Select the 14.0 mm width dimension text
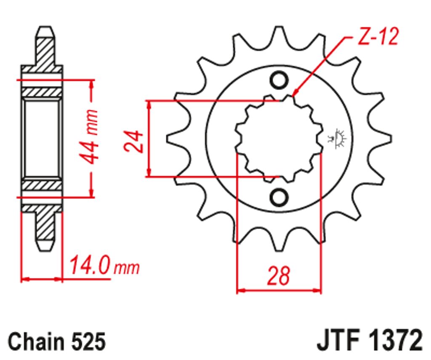pyautogui.click(x=105, y=265)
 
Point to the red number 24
pyautogui.click(x=133, y=141)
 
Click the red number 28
pyautogui.click(x=279, y=275)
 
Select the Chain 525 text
pyautogui.click(x=57, y=341)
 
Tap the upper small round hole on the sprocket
pyautogui.click(x=279, y=80)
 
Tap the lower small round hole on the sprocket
pyautogui.click(x=279, y=197)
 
